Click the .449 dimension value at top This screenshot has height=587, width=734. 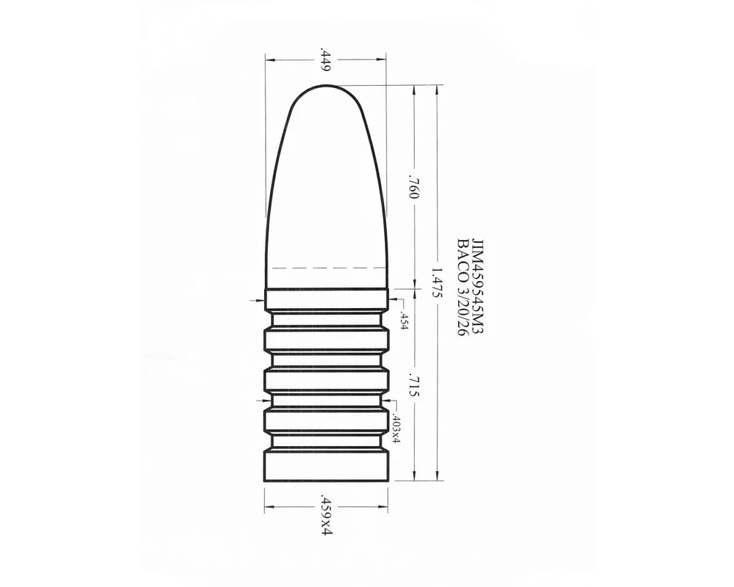click(x=326, y=59)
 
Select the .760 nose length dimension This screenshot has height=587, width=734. click(x=413, y=186)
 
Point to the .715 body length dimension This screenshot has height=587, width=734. click(x=413, y=384)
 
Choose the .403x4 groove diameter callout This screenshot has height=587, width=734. click(x=395, y=429)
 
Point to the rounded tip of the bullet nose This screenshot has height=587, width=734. click(x=327, y=86)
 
